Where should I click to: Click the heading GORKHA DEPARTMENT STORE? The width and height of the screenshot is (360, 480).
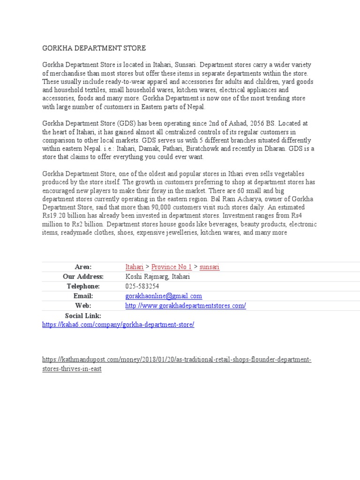click(94, 48)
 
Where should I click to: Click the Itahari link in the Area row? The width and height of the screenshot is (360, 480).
click(135, 267)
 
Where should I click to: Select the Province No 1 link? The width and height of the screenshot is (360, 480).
click(172, 267)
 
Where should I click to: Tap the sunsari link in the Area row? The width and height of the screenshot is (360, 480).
click(210, 267)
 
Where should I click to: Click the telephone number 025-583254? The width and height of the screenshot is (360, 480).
click(142, 286)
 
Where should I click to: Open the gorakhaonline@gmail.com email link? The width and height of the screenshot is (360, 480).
click(164, 296)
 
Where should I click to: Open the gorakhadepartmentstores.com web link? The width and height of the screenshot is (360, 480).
click(186, 306)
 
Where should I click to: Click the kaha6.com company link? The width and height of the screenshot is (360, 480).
click(118, 324)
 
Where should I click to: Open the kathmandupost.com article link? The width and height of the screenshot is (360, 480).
click(177, 360)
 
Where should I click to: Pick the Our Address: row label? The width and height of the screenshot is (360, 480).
click(83, 277)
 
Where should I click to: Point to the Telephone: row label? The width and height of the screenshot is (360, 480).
click(83, 286)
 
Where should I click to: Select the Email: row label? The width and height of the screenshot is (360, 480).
click(83, 296)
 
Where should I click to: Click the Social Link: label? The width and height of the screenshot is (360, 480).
click(83, 316)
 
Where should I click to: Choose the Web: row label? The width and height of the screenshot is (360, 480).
click(83, 306)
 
